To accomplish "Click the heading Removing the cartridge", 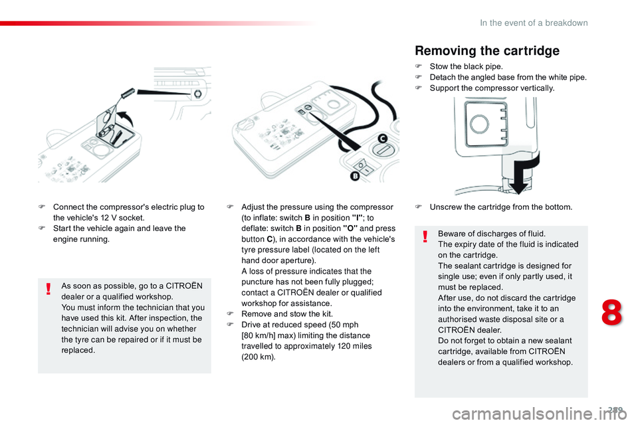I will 487,50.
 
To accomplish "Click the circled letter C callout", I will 381,138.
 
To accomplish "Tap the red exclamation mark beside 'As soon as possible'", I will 49,287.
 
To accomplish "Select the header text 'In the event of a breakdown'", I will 534,23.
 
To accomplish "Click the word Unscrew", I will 446,207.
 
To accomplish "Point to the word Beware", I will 452,234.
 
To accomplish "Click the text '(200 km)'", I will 258,357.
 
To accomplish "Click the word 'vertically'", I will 536,88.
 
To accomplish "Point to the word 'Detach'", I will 443,77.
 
